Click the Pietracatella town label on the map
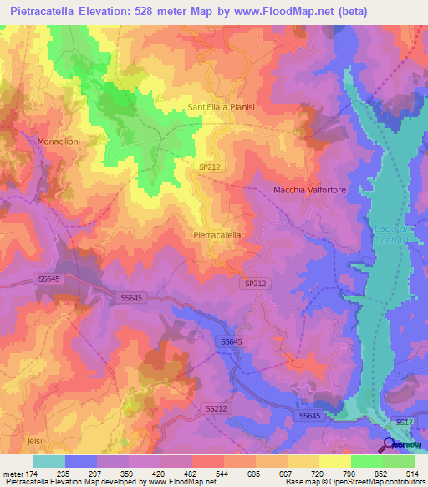217,235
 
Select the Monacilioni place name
59,141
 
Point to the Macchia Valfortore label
308,190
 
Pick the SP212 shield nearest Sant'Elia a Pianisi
210,167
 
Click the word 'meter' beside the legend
13,473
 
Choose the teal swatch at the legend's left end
49,461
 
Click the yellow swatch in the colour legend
335,461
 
